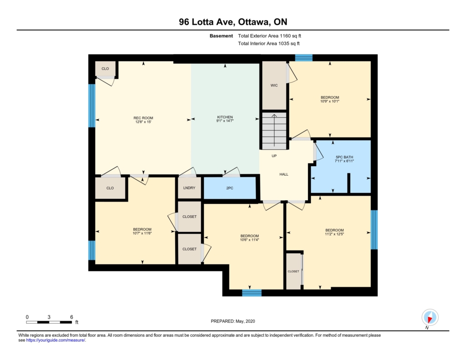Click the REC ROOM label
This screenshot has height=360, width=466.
[x=143, y=118]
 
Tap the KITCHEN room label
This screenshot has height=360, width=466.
[x=225, y=117]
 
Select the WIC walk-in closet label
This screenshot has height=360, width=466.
[x=274, y=85]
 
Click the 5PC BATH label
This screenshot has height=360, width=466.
[x=344, y=157]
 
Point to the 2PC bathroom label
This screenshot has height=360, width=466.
[x=230, y=188]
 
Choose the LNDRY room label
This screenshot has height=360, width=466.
[x=189, y=188]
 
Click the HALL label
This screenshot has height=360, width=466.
[x=284, y=174]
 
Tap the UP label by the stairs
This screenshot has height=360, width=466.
[x=274, y=156]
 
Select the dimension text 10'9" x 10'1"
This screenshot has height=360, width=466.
[x=330, y=101]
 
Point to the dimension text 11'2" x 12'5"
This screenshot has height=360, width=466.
[x=334, y=234]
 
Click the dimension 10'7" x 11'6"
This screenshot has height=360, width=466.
[x=142, y=233]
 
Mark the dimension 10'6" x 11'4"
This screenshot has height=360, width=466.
[x=250, y=240]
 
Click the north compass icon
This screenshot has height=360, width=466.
[x=430, y=318]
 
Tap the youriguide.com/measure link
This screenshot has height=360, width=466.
[x=56, y=340]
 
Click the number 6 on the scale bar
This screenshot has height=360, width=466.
[x=71, y=317]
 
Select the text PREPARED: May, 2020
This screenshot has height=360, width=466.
[x=233, y=321]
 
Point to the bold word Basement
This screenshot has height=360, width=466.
[x=221, y=36]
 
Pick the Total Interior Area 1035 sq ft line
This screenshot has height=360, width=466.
[x=268, y=43]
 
